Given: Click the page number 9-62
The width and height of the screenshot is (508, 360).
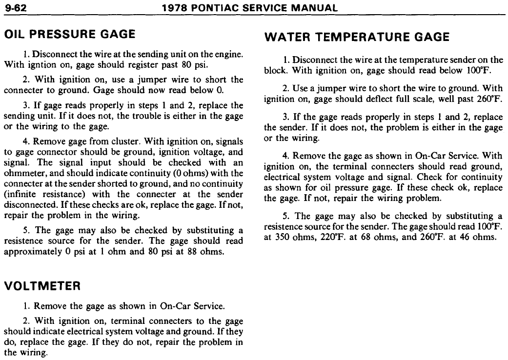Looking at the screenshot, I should coord(15,8).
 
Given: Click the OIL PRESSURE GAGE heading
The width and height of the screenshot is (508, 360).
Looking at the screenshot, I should coord(69,34).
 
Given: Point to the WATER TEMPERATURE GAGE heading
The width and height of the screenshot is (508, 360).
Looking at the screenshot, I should coord(356,37).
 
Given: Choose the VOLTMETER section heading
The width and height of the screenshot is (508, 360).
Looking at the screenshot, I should coord(42,287).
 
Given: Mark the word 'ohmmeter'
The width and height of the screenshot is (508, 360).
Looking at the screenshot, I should coord(23,173).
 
